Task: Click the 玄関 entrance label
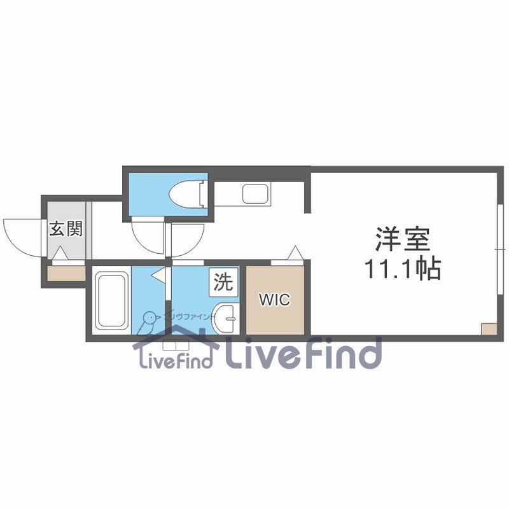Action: coord(66,229)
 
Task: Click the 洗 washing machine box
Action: coord(223,281)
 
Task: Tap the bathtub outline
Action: coord(111,300)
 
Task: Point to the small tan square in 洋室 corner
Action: coord(488,330)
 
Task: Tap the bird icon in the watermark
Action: coord(150,322)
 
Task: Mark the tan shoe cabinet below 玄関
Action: coord(66,273)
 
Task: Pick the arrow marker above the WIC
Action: coord(295,253)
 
